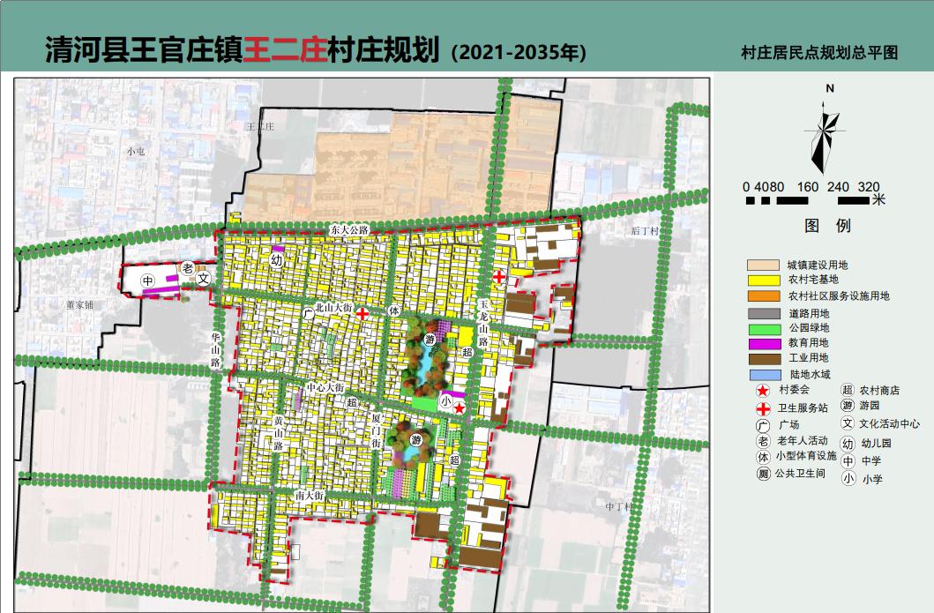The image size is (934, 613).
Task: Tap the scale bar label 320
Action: pos(869,187)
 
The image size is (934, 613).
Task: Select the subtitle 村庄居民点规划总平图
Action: pos(820,53)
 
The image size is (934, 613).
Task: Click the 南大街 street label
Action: pos(310,497)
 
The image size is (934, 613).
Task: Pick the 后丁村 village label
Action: pos(645,231)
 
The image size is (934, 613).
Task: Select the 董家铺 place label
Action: pos(78,304)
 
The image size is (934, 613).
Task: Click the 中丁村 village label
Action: pos(620,506)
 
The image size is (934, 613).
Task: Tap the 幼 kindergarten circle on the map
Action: pos(277,261)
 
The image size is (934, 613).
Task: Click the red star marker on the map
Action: pos(460,407)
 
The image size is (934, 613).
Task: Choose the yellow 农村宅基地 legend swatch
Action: pos(763,280)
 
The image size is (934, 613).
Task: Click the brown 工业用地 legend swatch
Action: pos(763,359)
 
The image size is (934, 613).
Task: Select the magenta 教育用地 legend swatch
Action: pos(763,343)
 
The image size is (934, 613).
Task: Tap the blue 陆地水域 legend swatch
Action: pos(763,375)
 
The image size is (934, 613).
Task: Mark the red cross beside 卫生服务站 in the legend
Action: pos(762,407)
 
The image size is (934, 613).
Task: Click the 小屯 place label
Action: pos(135,151)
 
